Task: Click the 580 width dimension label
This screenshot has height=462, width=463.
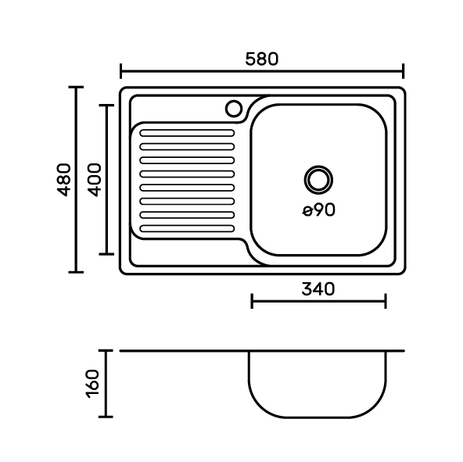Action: (x=262, y=59)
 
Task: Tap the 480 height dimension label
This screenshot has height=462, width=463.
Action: (x=64, y=180)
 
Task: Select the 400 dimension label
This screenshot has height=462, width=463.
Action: (x=95, y=180)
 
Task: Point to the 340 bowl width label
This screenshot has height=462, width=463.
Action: (x=318, y=289)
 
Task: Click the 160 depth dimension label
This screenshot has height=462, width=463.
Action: (x=93, y=384)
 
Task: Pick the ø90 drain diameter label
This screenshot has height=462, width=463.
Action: (x=319, y=210)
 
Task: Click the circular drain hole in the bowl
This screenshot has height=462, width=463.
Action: (x=318, y=180)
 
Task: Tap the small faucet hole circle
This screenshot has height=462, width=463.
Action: (x=234, y=109)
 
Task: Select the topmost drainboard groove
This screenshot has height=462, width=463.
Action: (x=187, y=133)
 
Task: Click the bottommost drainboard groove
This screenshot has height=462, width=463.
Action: (x=187, y=228)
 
